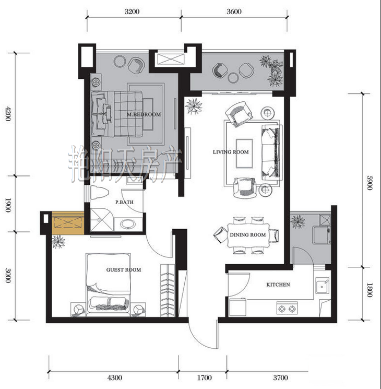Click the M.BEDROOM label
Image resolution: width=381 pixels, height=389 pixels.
(144, 114)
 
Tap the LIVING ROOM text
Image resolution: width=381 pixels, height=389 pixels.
(231, 152)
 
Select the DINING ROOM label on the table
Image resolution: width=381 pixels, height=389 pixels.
(247, 234)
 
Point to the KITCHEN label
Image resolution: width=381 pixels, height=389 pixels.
(278, 285)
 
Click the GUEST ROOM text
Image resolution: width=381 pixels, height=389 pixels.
(124, 269)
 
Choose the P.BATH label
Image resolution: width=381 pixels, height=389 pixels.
(124, 202)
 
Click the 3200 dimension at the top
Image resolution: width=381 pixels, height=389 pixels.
(132, 11)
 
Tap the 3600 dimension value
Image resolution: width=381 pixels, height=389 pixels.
(234, 11)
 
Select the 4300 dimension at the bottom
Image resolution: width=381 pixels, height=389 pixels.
(115, 378)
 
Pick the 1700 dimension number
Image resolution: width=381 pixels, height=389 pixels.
(205, 378)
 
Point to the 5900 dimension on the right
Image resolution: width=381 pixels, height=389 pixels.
(370, 183)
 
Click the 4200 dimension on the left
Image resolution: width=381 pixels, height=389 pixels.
(8, 113)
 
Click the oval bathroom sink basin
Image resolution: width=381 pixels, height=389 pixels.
(128, 224)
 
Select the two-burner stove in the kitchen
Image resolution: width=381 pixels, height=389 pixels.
(287, 309)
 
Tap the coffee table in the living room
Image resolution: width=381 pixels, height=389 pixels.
(245, 154)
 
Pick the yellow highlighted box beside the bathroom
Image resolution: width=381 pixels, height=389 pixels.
(67, 223)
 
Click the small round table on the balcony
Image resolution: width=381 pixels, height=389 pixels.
(233, 78)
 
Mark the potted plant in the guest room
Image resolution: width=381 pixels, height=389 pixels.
(58, 242)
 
